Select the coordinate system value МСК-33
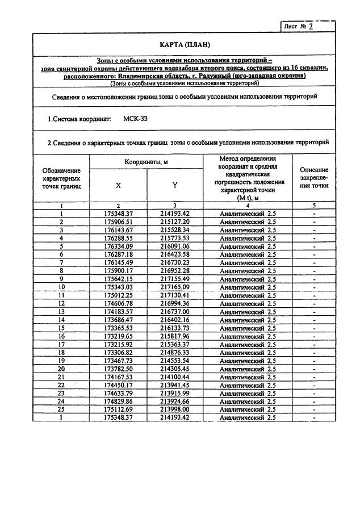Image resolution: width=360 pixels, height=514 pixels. pos(136,120)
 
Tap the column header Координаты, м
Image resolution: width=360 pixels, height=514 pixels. pos(146,162)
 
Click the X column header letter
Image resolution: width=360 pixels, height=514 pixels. pos(118,185)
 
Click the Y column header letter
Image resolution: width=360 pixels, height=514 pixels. pos(175,185)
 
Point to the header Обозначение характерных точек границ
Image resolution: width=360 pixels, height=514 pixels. pos(61,178)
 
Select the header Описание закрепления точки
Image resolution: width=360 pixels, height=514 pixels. pos(313,177)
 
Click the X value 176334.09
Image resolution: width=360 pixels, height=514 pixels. pos(118,246)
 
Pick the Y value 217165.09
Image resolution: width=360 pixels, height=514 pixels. pos(175,287)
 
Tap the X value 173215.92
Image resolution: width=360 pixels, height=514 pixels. pos(118,345)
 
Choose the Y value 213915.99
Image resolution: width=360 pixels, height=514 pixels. pos(175,394)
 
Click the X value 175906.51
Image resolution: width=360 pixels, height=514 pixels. pos(118,222)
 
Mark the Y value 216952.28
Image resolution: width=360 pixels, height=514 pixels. pos(175,271)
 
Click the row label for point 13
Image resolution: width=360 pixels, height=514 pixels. pos(61,312)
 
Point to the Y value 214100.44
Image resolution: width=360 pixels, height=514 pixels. pos(175,377)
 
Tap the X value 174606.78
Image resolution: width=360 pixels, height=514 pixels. pos(118,304)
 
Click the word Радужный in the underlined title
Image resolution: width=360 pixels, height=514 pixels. pos(234,76)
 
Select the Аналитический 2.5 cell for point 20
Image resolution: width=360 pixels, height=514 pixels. pos(248,369)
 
